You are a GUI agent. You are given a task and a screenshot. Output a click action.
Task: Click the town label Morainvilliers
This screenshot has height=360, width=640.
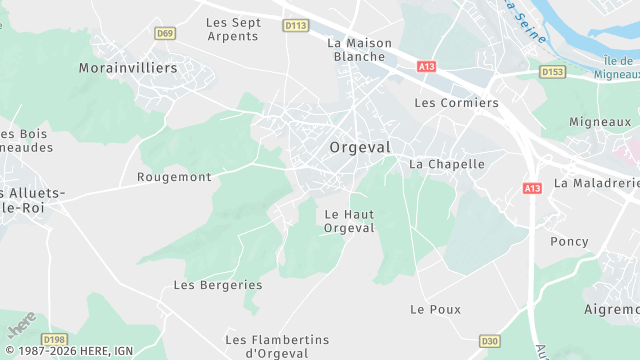(127, 68)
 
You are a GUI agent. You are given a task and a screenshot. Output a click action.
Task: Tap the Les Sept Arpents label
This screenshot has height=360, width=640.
(232, 29)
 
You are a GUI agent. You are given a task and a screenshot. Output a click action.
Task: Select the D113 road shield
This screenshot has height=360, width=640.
(296, 25)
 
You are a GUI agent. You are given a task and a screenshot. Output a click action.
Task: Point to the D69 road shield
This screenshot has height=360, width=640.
(165, 33)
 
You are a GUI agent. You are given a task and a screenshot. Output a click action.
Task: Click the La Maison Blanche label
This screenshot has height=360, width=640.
(356, 50)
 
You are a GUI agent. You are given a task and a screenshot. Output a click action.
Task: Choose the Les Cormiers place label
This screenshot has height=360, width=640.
(456, 103)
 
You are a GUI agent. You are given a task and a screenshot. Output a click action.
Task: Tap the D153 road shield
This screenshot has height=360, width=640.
(552, 71)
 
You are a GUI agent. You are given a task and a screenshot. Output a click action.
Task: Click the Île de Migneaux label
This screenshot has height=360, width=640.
(613, 67)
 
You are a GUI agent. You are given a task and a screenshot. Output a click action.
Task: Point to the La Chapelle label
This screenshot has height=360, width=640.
(447, 164)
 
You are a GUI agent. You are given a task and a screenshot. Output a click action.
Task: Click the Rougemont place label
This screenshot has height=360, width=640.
(174, 177)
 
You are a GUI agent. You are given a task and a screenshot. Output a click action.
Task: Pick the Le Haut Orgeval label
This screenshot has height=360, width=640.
(349, 221)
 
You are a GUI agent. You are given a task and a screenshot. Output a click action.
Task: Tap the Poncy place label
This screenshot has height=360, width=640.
(569, 242)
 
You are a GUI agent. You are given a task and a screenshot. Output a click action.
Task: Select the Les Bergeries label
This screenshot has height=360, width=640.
(218, 285)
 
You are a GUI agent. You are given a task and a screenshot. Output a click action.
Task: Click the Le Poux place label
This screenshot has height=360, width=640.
(436, 309)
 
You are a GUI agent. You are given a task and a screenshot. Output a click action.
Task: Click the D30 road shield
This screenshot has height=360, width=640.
(489, 341)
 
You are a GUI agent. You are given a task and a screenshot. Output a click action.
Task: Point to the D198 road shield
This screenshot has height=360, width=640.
(54, 340)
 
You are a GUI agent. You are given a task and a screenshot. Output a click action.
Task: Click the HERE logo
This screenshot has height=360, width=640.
(21, 325)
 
